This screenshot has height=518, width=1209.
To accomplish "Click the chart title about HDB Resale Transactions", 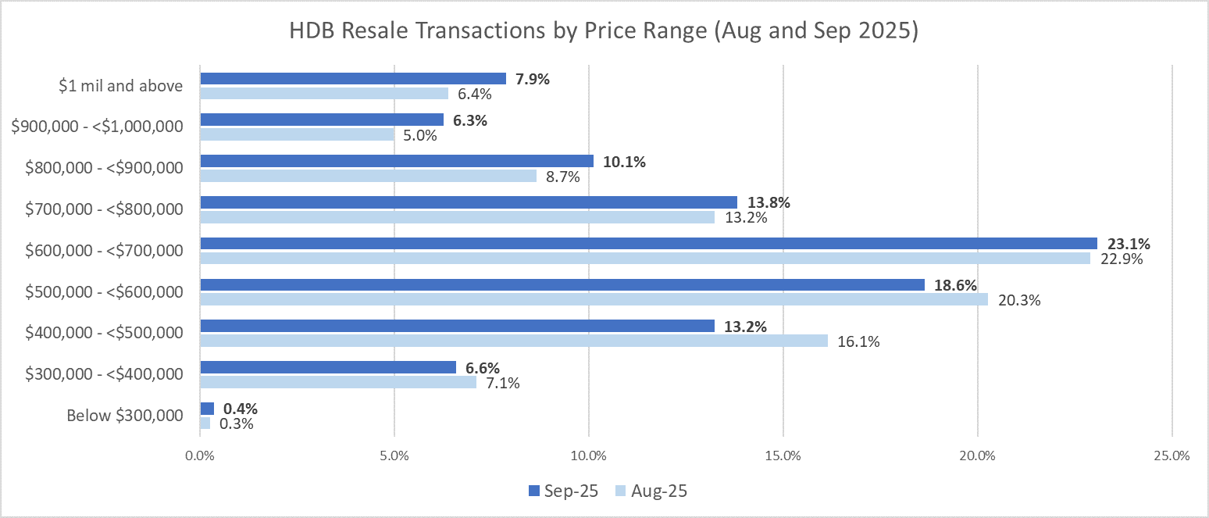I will (x=603, y=32).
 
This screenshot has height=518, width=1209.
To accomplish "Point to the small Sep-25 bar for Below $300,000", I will (x=207, y=409).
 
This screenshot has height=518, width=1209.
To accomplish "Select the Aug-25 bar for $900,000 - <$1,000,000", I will (x=297, y=134).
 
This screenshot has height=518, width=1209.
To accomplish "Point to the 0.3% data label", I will (x=237, y=424).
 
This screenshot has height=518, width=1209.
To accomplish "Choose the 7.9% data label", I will (x=533, y=79).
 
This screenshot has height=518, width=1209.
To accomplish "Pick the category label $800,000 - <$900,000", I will (x=105, y=168).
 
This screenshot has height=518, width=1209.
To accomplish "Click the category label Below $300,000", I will (x=124, y=416).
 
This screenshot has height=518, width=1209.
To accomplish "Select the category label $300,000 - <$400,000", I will (x=105, y=374).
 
